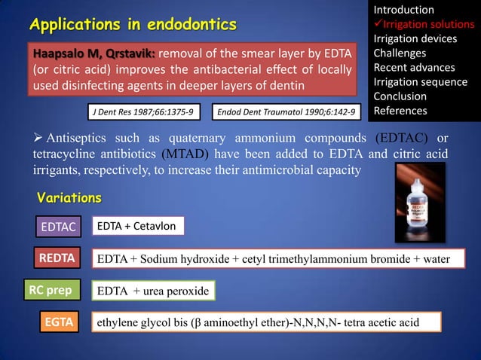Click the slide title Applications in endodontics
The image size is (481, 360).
[133, 26]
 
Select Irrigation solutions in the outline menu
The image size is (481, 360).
[427, 24]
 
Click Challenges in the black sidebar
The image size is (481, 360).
[400, 53]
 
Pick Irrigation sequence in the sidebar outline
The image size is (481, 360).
[420, 82]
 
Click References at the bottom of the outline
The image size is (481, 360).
[400, 111]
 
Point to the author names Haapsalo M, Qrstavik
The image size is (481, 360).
[93, 54]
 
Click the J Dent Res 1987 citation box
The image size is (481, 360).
[142, 112]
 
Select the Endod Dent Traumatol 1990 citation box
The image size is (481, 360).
[287, 112]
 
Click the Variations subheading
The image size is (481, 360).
[69, 198]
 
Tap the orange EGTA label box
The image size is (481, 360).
[58, 322]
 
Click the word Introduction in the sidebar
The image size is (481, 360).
[403, 10]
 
